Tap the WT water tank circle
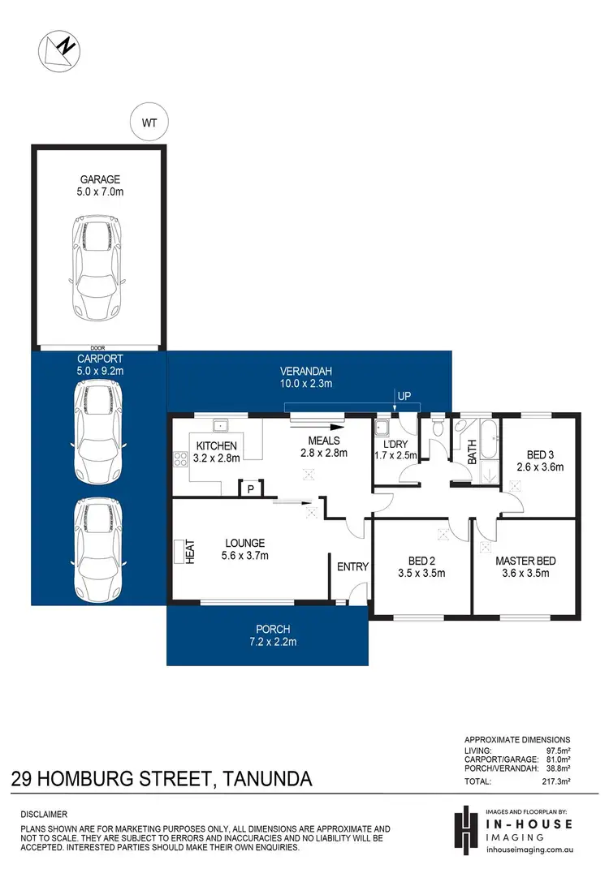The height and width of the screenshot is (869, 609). click(x=149, y=123)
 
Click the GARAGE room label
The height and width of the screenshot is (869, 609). click(x=100, y=179)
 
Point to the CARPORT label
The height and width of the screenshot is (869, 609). click(x=99, y=358)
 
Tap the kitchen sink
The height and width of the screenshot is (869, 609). click(x=221, y=425)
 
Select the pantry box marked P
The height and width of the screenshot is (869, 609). click(x=250, y=488)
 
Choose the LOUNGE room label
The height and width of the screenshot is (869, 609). click(x=245, y=543)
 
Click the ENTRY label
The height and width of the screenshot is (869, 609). click(x=352, y=566)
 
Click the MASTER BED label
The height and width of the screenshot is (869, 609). click(x=525, y=561)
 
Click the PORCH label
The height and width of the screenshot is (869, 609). click(x=273, y=629)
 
